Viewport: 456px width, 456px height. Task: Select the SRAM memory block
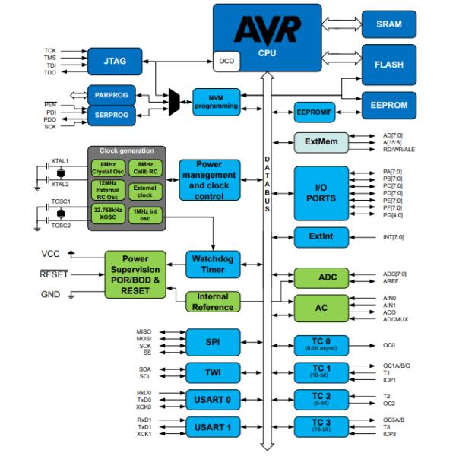(388, 24)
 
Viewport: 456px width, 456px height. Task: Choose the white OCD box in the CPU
(226, 61)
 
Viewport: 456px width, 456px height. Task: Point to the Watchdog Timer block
(213, 262)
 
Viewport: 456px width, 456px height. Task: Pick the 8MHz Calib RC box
(143, 168)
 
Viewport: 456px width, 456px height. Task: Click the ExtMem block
(321, 142)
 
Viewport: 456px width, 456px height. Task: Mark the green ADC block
(321, 277)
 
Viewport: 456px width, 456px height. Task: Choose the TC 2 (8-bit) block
(321, 398)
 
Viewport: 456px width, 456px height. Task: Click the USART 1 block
(213, 427)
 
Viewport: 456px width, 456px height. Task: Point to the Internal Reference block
(213, 302)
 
